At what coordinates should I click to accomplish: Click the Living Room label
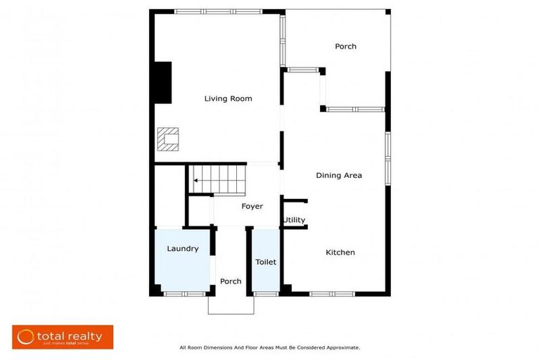point(228,98)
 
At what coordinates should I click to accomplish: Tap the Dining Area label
point(339,175)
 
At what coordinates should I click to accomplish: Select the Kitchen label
point(340,252)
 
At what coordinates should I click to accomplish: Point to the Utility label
point(294,220)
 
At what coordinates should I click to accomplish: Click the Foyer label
point(252,206)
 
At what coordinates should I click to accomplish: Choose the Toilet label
point(266,262)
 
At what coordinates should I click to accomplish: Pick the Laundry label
point(182,248)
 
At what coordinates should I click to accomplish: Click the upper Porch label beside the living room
point(345,46)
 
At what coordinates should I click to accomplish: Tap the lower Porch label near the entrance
point(231,281)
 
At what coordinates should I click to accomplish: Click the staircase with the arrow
point(217,179)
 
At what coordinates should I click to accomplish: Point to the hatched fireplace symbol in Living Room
point(168,139)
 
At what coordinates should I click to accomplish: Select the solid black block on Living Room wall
point(163,83)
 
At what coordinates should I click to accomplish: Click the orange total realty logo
point(63,337)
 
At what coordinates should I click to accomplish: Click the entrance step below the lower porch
point(230,304)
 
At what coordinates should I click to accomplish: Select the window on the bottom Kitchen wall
point(332,293)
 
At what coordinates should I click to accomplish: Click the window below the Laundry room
point(184,293)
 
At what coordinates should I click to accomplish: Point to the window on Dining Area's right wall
point(387,158)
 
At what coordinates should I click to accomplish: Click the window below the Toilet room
point(266,293)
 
